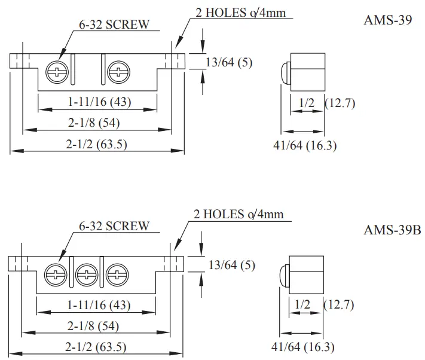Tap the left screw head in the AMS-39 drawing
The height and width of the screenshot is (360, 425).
tap(57, 73)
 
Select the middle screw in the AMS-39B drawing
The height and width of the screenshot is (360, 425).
tap(87, 275)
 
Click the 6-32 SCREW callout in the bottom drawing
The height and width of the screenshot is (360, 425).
tap(114, 227)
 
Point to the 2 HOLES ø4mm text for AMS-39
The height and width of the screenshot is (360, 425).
tap(246, 13)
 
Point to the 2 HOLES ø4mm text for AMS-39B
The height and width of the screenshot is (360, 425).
tap(239, 214)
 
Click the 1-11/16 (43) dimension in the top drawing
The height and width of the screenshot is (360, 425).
tap(99, 102)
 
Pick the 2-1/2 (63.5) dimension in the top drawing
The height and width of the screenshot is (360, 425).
tap(97, 144)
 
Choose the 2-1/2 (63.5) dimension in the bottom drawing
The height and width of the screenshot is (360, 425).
tap(97, 347)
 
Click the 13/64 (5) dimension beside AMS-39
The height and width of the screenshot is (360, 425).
tap(229, 62)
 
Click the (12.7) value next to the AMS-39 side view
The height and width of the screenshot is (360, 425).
tap(340, 103)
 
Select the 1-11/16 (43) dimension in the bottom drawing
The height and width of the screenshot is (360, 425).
tap(99, 305)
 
